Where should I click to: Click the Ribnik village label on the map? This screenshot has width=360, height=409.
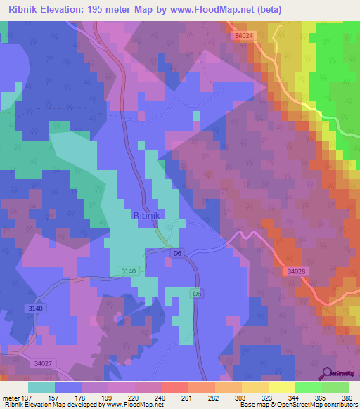click(148, 217)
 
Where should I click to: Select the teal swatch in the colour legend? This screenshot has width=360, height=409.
click(41, 387)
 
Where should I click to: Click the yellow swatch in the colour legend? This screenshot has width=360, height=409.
click(282, 387)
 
